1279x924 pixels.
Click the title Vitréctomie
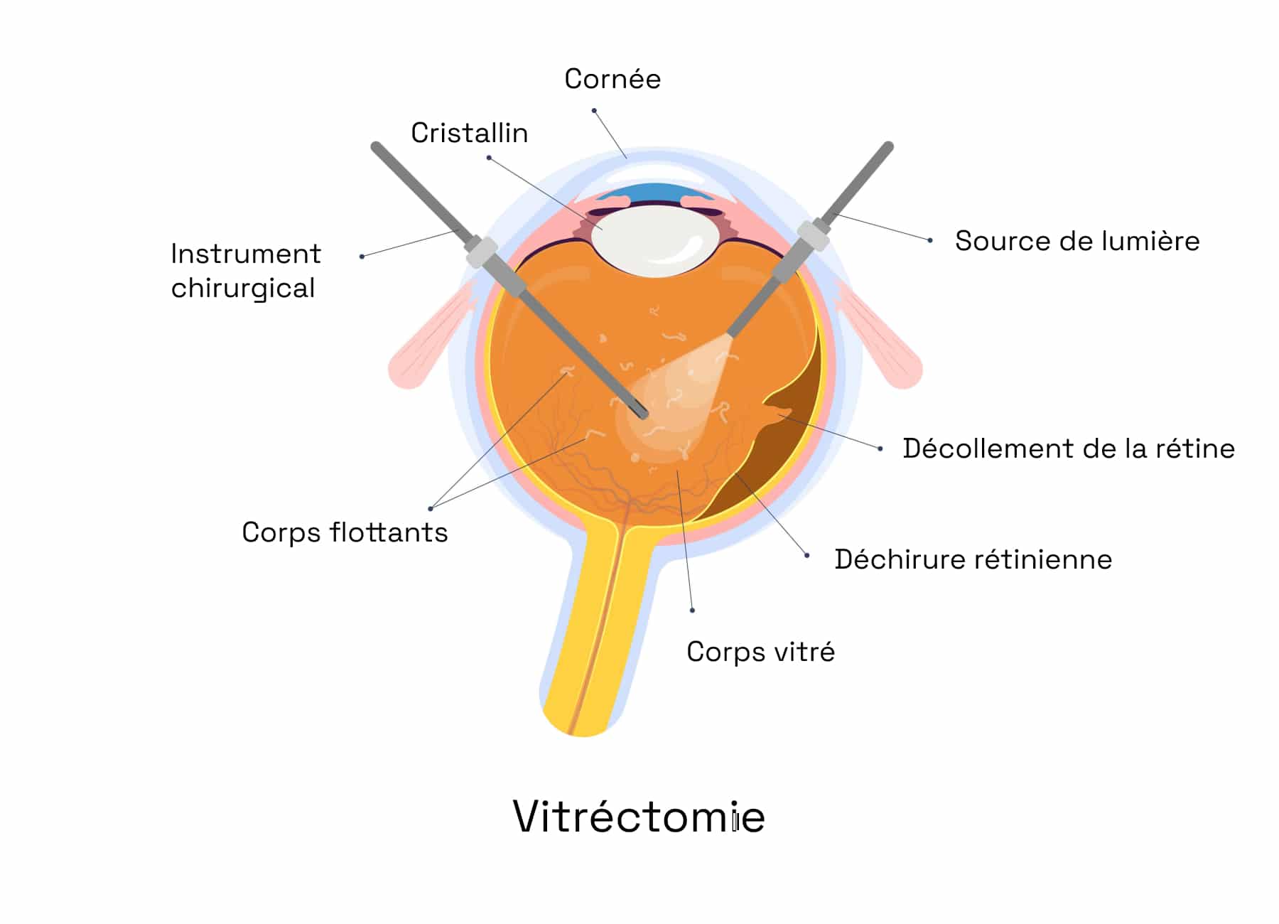click(639, 816)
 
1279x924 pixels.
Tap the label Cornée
click(612, 79)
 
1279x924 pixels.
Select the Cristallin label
click(470, 133)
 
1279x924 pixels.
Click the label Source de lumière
click(1077, 241)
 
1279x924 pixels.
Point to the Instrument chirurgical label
click(246, 271)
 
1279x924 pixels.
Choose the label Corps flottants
click(345, 532)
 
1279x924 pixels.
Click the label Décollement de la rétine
click(1069, 448)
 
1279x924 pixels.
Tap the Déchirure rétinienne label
click(973, 559)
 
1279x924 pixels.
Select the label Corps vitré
click(760, 652)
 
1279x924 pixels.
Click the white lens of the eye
click(654, 240)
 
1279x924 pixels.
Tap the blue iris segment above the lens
click(654, 191)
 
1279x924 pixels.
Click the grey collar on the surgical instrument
click(481, 252)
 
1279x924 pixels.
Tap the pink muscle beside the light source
click(881, 334)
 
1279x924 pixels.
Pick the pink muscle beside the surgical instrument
click(430, 334)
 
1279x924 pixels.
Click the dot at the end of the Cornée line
click(594, 111)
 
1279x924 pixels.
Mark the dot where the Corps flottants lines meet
click(431, 508)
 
